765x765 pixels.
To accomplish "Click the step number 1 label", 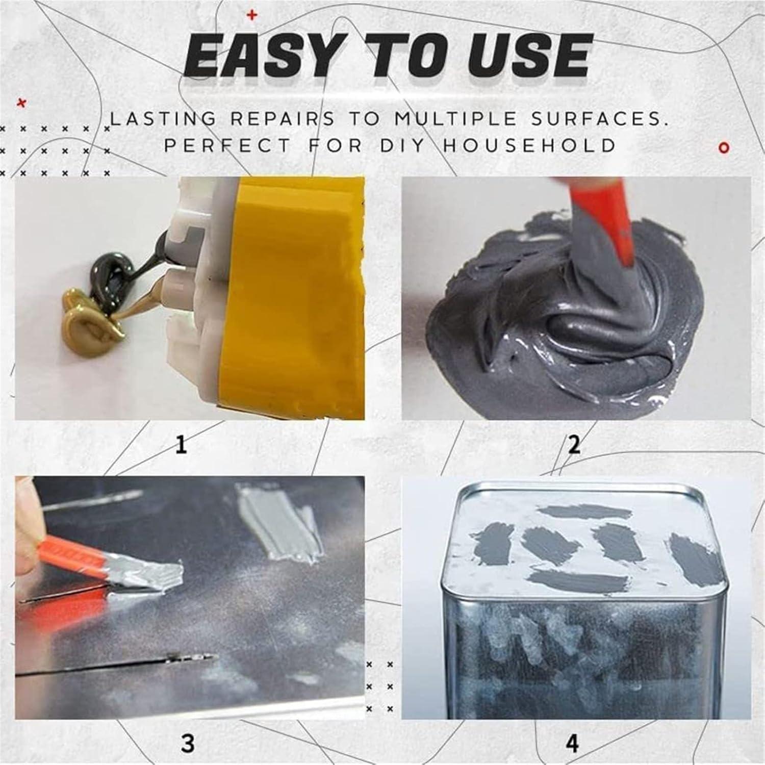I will [181, 445].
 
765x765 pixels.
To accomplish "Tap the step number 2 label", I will [574, 445].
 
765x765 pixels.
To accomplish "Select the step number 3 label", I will [188, 743].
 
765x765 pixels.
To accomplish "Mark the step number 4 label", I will [573, 743].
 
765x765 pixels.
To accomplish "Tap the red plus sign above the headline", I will [251, 16].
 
